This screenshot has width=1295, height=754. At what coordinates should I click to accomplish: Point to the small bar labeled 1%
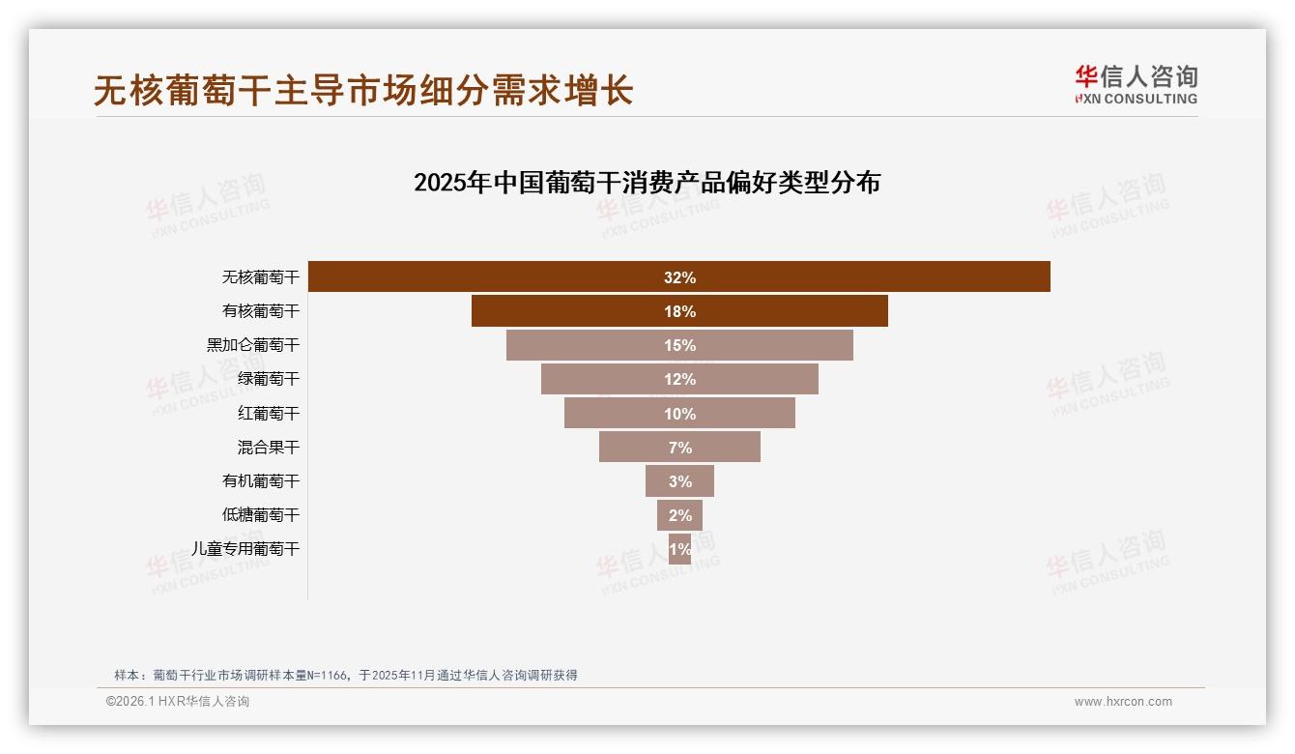(x=679, y=549)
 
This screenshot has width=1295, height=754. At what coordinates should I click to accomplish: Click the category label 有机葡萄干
(x=261, y=480)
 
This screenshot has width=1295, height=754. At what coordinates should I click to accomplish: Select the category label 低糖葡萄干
(x=261, y=514)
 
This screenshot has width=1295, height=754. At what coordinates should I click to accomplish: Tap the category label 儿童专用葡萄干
(x=245, y=548)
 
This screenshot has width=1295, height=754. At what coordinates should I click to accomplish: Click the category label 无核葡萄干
(x=261, y=276)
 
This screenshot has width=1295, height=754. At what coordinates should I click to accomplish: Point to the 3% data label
(x=679, y=481)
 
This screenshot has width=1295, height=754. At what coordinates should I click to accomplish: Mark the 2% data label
(x=679, y=515)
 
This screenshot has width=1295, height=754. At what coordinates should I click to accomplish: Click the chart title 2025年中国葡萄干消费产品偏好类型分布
(x=647, y=183)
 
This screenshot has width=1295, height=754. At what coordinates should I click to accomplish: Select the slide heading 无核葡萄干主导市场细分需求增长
(x=362, y=90)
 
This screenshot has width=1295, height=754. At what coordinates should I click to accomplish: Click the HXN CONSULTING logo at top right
(x=1136, y=85)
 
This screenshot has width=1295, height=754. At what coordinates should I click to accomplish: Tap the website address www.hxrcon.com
(x=1123, y=702)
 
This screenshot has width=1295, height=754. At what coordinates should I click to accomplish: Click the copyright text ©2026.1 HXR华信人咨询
(x=178, y=702)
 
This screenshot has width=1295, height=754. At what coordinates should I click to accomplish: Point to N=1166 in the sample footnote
(x=330, y=675)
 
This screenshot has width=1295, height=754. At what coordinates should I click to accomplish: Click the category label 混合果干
(x=269, y=447)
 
